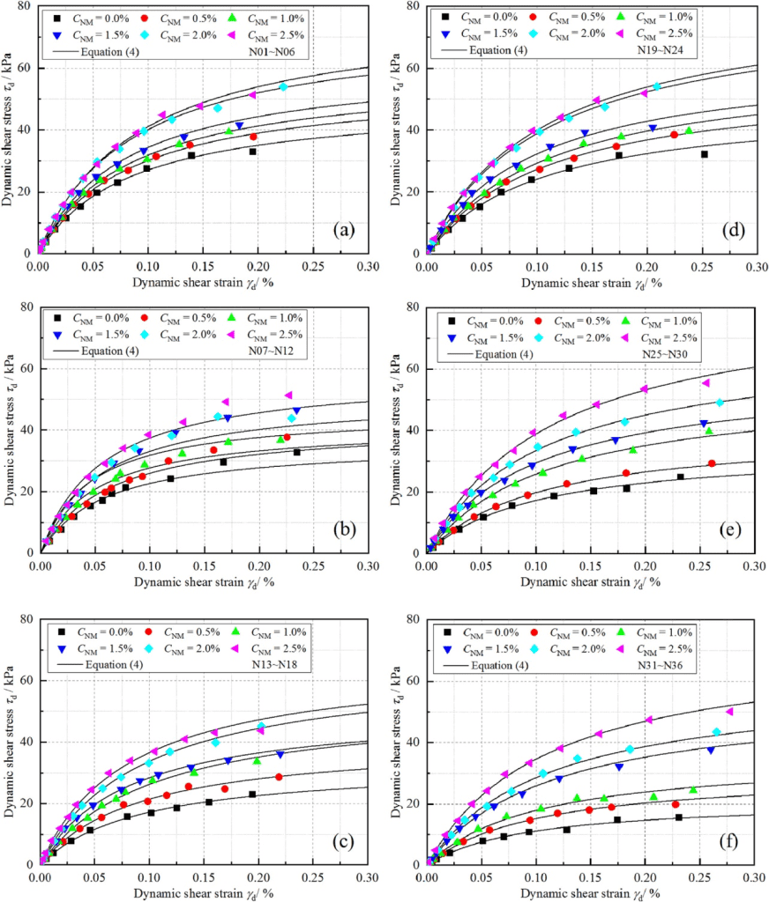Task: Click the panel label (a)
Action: [x=340, y=230]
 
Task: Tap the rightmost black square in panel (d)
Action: [x=704, y=154]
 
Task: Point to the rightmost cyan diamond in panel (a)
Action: [x=283, y=86]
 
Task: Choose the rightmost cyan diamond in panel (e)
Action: [x=720, y=403]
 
